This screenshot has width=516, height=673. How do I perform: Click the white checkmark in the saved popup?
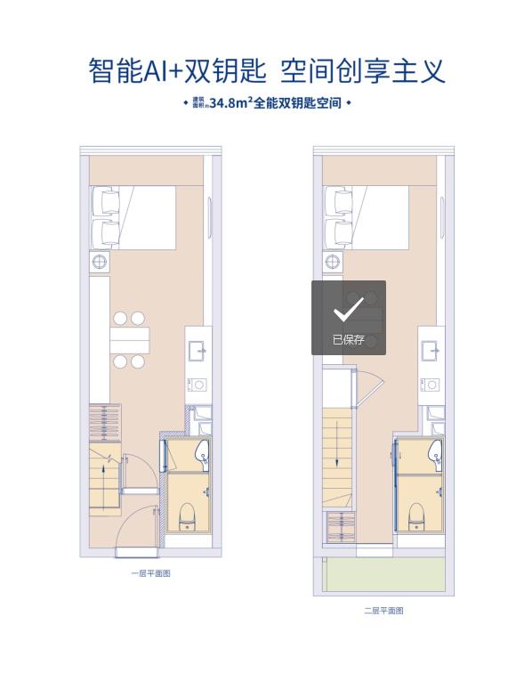348,309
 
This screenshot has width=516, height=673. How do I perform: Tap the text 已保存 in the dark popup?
348,339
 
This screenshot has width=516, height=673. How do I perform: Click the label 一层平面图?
151,573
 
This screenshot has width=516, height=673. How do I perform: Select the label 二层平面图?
384,611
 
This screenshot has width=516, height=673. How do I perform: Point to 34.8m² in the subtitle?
229,103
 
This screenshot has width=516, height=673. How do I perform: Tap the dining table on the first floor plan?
129,340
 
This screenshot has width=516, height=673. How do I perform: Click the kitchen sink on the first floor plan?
198,352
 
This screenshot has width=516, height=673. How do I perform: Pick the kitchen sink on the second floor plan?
431,352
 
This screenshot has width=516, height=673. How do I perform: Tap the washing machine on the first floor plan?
197,385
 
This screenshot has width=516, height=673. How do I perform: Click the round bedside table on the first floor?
100,262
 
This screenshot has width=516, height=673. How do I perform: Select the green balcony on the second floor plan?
384,575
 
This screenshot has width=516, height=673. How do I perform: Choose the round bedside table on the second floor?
333,262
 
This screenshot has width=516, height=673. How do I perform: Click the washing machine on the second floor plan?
430,385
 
